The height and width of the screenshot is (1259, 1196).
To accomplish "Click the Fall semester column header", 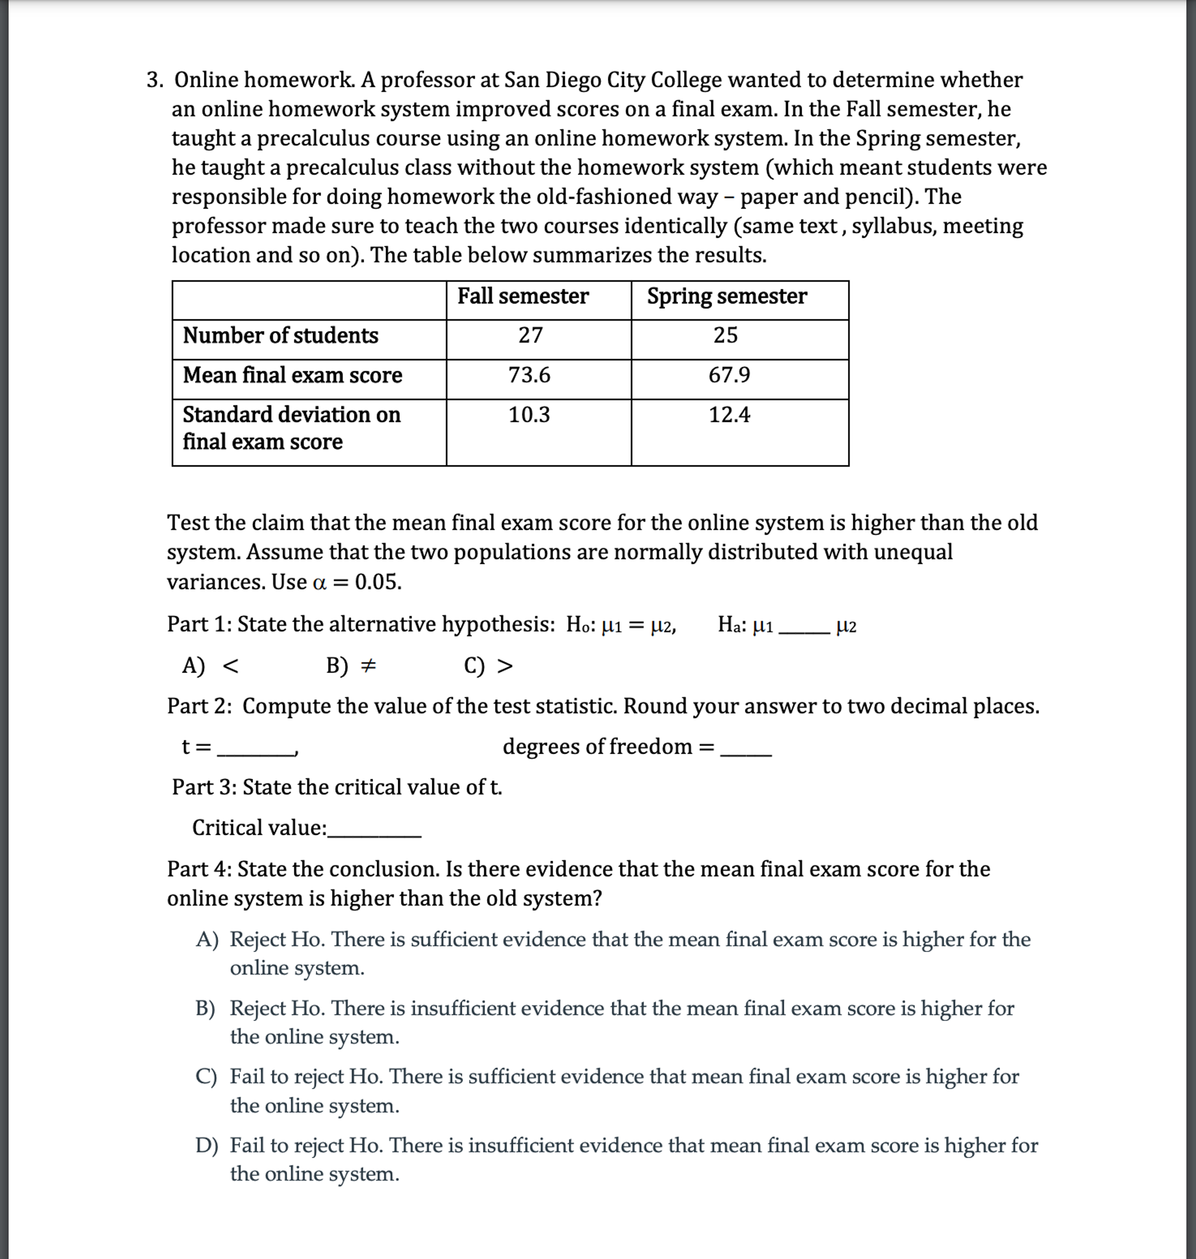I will click(x=523, y=296).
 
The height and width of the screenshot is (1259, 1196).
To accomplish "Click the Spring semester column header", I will click(x=727, y=296).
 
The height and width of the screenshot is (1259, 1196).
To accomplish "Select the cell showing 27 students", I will click(x=530, y=335).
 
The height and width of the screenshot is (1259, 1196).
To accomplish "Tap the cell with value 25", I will click(x=726, y=335).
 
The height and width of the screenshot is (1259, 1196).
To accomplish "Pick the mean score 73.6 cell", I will click(x=529, y=375).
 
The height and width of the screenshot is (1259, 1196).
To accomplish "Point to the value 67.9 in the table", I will click(x=729, y=375).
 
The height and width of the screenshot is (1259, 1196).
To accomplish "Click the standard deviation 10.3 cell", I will click(x=529, y=415).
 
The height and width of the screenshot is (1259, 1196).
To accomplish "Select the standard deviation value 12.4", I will click(x=729, y=415).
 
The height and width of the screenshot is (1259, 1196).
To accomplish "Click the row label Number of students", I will click(x=281, y=336).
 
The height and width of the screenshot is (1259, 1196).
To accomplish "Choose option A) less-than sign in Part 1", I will click(x=211, y=666).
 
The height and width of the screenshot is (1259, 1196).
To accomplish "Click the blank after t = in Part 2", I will click(x=256, y=749).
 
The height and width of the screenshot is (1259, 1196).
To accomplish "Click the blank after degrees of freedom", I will click(x=745, y=749).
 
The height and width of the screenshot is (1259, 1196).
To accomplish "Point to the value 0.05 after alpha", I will click(x=378, y=582).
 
